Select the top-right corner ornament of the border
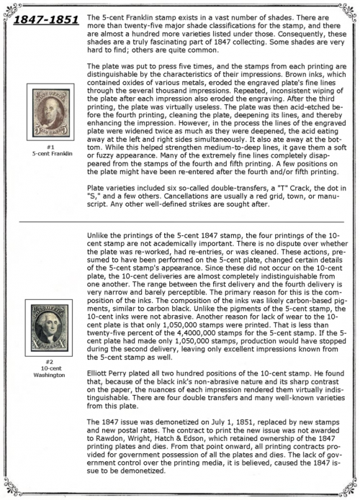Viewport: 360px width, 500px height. pyautogui.click(x=347, y=8)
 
